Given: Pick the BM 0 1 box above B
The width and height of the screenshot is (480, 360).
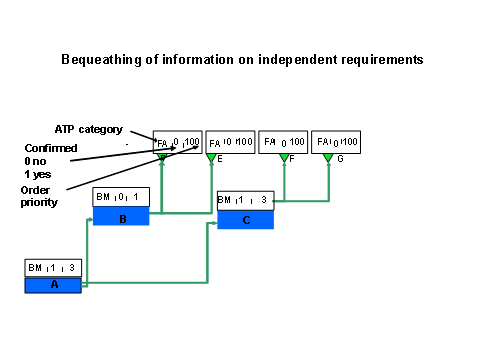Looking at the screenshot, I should pos(121,197).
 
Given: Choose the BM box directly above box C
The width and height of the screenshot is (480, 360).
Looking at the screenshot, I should pos(245,199).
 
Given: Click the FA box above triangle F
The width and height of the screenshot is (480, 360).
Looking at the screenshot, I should pos(283,142).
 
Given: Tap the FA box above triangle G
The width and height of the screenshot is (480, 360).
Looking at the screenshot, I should pos(336,142).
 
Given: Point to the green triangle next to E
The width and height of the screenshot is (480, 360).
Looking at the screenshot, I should pos(211,158).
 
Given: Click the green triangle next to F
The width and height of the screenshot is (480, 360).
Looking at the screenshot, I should pos(284,158).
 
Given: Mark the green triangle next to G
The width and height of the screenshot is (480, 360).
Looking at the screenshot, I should pos(327,158).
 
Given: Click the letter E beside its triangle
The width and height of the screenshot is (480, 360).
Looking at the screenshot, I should pos(219,159).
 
